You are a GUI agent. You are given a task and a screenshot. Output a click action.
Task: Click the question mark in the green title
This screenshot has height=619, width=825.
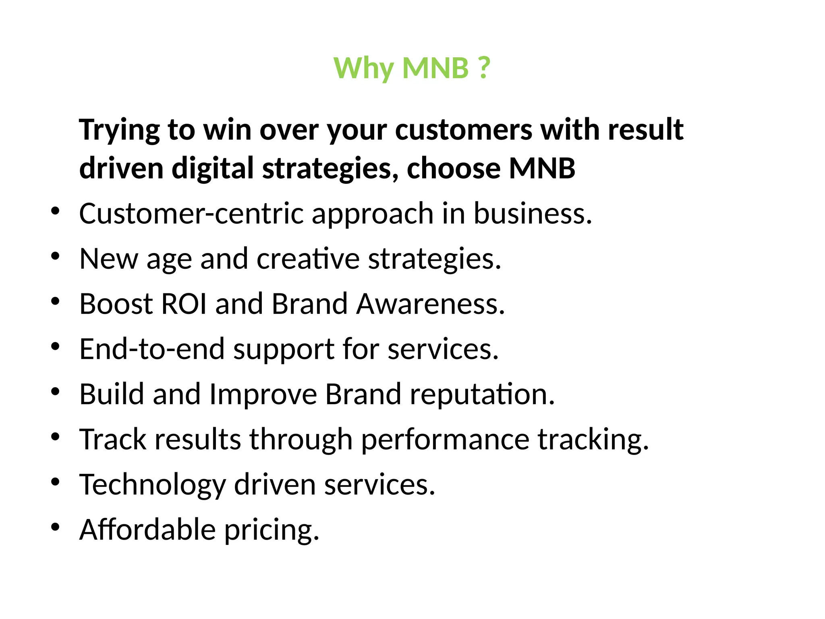click(x=483, y=68)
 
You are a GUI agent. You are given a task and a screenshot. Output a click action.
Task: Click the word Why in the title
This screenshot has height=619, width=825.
click(x=363, y=69)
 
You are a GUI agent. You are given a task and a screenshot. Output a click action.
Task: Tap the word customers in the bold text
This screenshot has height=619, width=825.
click(x=463, y=130)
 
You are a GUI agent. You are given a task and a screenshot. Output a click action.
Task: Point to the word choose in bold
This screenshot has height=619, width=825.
click(x=453, y=168)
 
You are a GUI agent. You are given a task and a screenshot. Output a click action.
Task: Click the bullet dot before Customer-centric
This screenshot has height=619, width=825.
click(x=56, y=211)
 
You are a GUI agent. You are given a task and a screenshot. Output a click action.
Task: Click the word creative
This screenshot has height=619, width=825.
click(x=308, y=258)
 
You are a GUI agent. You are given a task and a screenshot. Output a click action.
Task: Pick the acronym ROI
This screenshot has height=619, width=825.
click(x=183, y=303)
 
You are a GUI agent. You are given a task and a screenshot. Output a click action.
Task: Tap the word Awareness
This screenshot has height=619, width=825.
click(x=430, y=303)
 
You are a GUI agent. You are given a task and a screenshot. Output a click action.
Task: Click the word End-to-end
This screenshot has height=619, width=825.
click(x=152, y=349)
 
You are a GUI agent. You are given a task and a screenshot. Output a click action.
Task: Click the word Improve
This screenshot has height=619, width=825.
click(x=263, y=394)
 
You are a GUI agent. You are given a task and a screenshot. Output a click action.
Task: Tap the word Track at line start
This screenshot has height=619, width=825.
click(x=112, y=439)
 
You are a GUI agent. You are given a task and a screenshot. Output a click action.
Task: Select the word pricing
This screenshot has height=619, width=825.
click(x=272, y=530)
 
